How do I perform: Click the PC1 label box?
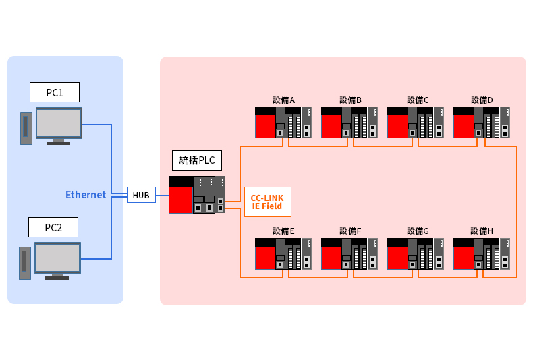click(55, 92)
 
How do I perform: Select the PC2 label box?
click(53, 227)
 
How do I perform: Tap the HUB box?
click(141, 195)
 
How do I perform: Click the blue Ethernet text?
click(86, 195)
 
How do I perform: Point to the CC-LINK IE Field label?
click(267, 202)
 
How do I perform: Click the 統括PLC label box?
click(196, 160)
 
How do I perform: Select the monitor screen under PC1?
click(59, 124)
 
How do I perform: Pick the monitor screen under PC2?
click(57, 259)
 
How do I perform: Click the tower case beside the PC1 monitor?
click(26, 128)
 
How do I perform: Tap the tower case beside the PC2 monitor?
click(25, 263)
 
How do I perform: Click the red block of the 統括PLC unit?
click(181, 200)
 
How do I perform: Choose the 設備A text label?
click(284, 100)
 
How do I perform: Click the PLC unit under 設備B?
click(349, 122)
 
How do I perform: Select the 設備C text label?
click(418, 100)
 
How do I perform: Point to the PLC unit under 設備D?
click(481, 122)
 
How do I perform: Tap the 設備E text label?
click(283, 231)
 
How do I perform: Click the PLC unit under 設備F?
click(349, 253)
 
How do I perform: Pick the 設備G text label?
click(418, 231)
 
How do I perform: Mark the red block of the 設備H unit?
click(464, 258)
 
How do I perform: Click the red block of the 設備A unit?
click(265, 126)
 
